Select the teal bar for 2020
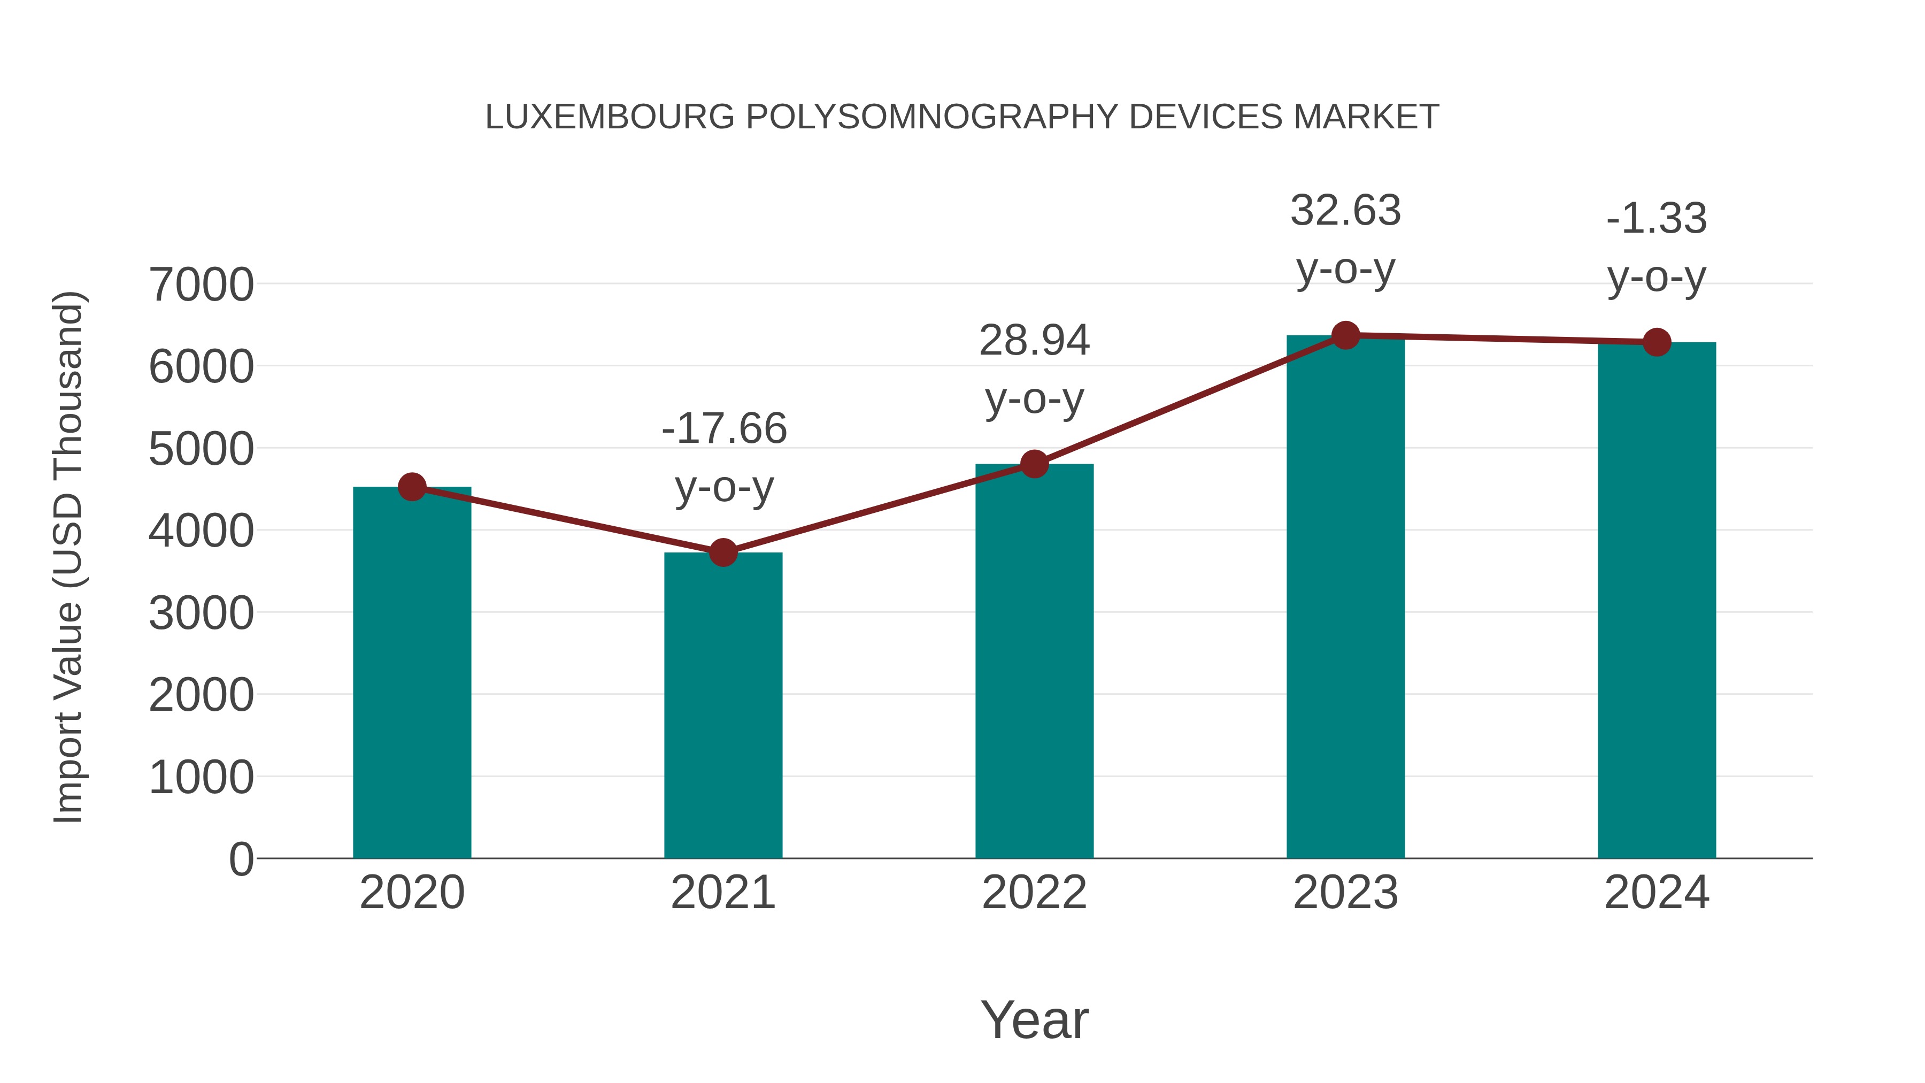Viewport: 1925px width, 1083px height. coord(412,673)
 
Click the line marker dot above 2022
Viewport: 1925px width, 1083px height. coord(1034,464)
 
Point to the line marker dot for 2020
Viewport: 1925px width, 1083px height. coord(412,487)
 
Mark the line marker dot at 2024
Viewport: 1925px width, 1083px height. coord(1657,342)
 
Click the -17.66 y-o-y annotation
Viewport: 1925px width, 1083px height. coord(724,457)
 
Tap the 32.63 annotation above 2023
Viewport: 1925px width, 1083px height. coord(1345,239)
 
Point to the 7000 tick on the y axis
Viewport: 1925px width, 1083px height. coord(201,285)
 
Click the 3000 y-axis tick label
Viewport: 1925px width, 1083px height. coord(201,613)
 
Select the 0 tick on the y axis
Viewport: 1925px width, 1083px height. coord(241,859)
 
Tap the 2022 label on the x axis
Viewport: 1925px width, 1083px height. coord(1034,893)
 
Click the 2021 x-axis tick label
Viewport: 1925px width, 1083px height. coord(722,893)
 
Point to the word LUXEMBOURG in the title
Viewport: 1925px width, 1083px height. coord(610,117)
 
